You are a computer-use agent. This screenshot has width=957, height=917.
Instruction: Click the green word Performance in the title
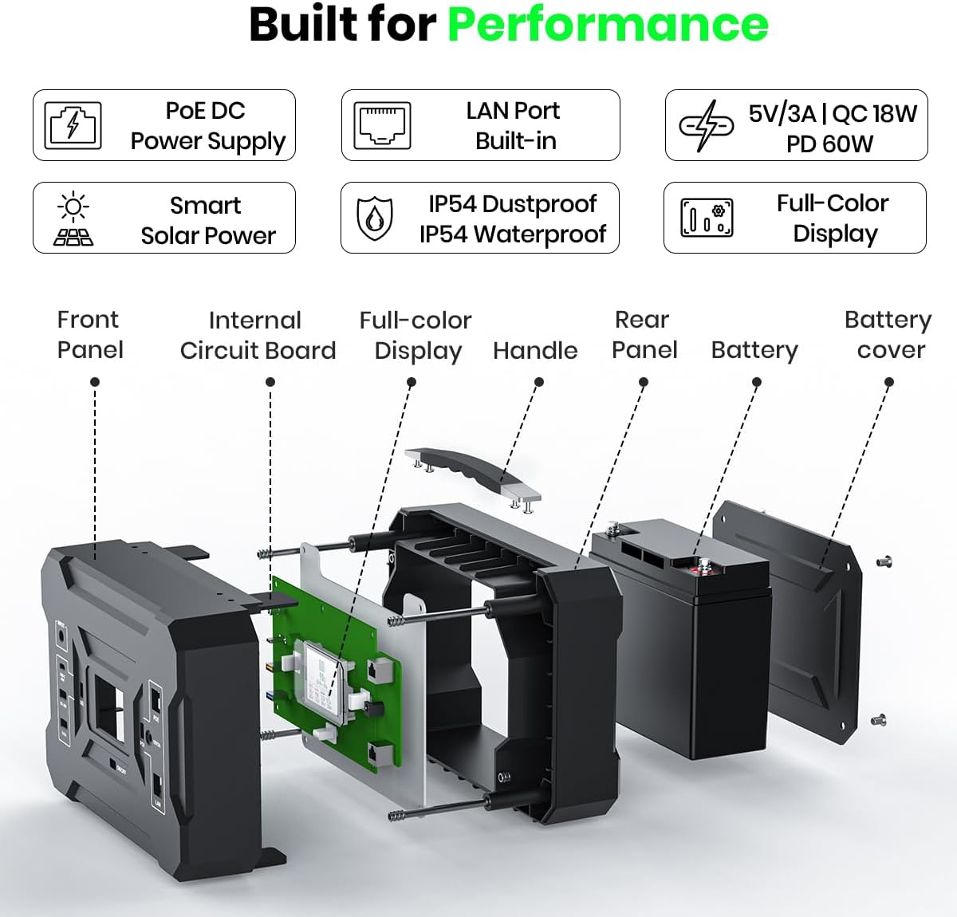tap(608, 24)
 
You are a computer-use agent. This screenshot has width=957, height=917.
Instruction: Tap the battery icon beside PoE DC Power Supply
tap(73, 125)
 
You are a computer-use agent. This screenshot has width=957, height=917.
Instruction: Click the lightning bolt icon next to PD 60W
tap(705, 125)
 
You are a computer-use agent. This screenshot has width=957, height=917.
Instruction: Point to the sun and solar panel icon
tap(73, 218)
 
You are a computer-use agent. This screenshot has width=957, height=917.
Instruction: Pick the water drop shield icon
tap(374, 218)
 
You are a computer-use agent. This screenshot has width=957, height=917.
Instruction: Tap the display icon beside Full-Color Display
tap(707, 218)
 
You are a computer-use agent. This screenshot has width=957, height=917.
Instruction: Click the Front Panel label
tap(89, 334)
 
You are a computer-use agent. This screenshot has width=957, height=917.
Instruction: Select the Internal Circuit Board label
tap(257, 335)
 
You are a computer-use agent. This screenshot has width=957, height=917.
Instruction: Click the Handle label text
tap(535, 350)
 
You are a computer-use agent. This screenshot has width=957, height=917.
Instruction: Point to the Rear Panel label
tap(644, 334)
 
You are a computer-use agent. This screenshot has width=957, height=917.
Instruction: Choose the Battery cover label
tap(888, 334)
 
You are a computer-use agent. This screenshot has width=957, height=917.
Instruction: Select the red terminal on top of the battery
tap(704, 569)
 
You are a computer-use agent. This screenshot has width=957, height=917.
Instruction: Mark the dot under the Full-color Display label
tap(412, 383)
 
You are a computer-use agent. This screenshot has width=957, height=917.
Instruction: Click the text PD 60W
tap(829, 144)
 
